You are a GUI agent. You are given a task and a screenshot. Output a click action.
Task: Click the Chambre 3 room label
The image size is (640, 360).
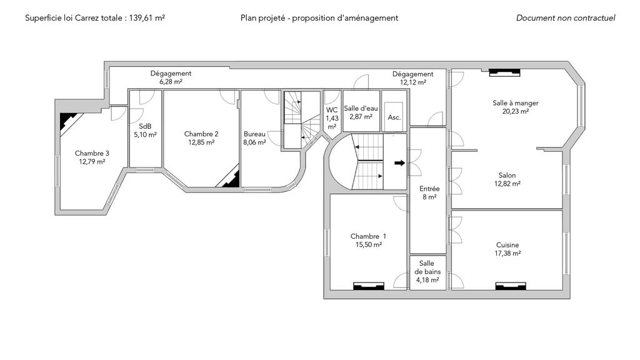(92, 153)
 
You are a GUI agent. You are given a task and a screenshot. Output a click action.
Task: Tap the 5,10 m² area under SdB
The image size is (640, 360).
(145, 134)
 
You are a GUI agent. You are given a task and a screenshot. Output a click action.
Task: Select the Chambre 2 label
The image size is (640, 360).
(201, 134)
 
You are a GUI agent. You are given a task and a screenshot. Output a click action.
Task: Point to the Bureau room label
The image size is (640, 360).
(254, 134)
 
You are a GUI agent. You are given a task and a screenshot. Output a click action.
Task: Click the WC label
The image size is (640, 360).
(332, 110)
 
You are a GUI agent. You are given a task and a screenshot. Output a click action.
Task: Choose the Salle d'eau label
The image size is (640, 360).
(361, 108)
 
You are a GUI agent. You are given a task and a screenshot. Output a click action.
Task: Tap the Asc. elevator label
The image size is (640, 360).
(394, 117)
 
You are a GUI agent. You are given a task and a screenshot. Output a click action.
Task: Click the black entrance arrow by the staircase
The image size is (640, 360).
(399, 164)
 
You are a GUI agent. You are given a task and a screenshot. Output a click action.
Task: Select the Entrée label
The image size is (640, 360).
(429, 188)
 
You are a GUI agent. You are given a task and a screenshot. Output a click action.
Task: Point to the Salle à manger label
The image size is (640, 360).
(515, 103)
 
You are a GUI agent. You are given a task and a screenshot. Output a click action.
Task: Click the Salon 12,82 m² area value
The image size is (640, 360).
(507, 184)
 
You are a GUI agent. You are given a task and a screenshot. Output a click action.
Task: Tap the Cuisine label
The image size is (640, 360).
(507, 245)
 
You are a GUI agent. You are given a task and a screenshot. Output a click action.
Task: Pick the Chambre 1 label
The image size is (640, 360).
(368, 236)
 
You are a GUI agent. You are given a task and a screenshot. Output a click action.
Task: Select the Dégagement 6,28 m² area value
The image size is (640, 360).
(171, 82)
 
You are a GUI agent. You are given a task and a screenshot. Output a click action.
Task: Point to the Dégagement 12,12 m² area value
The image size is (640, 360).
(412, 82)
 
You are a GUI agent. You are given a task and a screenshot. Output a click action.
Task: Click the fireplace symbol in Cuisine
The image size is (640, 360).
(508, 286)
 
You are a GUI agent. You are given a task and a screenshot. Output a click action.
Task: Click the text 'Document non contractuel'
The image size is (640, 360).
(566, 18)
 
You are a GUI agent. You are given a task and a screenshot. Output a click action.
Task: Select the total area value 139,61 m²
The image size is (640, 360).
(147, 18)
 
